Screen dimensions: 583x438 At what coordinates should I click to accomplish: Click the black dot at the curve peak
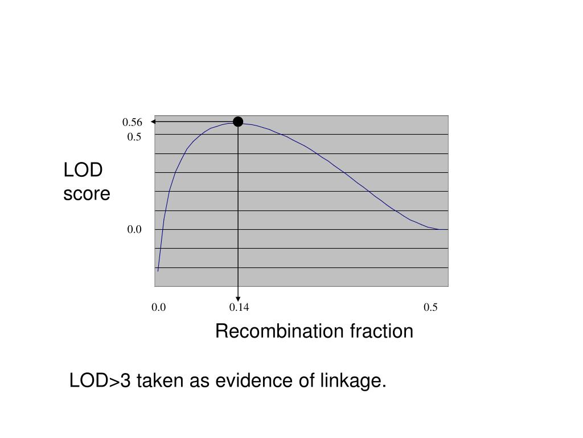[238, 121]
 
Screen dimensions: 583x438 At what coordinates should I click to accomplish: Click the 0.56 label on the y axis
[132, 122]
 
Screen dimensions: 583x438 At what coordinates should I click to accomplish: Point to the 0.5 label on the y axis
[134, 137]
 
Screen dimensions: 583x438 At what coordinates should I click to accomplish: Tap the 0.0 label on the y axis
[134, 229]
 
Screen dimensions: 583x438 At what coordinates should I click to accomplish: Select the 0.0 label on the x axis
[158, 307]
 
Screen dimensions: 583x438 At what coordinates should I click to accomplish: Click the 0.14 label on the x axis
[239, 307]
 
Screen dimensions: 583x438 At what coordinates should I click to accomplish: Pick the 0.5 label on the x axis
[430, 307]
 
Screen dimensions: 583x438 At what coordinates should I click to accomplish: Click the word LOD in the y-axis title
[83, 170]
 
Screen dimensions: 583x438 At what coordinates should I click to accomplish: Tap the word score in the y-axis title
[87, 194]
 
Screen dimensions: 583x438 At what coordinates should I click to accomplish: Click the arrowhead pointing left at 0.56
[153, 122]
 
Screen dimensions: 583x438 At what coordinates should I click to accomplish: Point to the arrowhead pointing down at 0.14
[238, 299]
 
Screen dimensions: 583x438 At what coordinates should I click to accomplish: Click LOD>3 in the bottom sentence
[100, 380]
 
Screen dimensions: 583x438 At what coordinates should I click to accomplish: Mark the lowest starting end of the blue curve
[158, 271]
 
